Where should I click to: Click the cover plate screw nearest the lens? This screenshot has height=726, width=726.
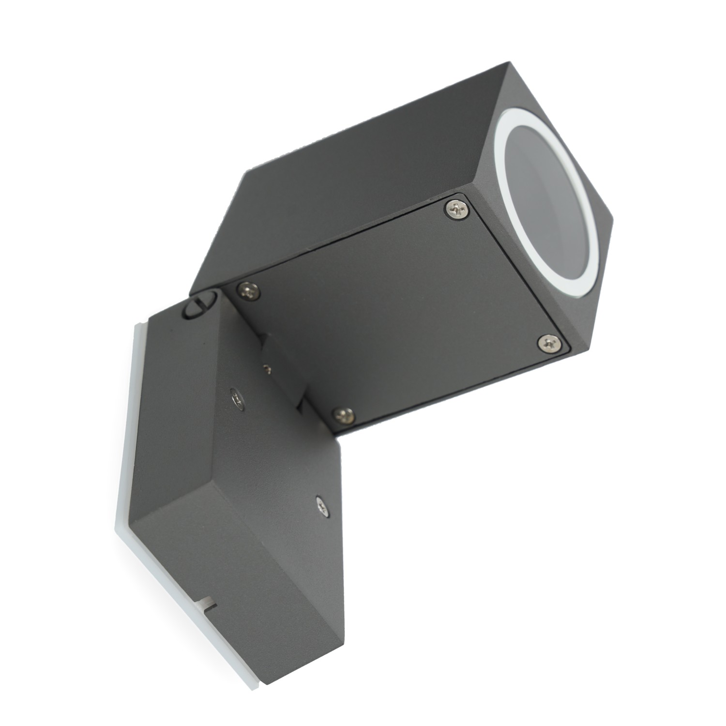pos(457,209)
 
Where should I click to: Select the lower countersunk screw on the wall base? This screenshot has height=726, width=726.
pos(321,507)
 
